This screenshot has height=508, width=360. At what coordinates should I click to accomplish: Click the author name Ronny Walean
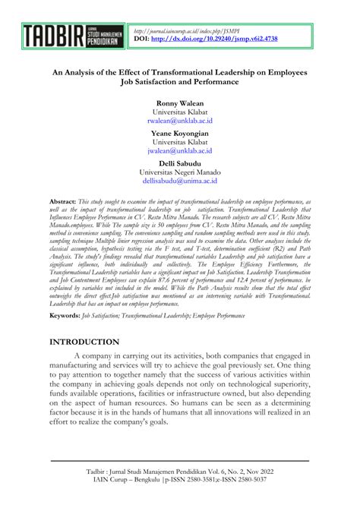[179, 103]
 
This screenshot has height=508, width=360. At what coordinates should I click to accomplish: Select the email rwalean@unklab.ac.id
[179, 121]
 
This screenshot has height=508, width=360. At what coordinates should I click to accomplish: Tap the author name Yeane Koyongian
[179, 132]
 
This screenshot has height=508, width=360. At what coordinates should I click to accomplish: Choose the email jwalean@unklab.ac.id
[179, 151]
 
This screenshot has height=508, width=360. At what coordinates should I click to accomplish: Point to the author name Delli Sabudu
[179, 162]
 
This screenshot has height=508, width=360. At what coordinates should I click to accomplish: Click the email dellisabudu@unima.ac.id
[179, 181]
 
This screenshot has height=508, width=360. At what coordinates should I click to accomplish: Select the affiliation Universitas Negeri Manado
[179, 172]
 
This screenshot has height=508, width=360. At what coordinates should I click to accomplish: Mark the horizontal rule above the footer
[179, 460]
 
